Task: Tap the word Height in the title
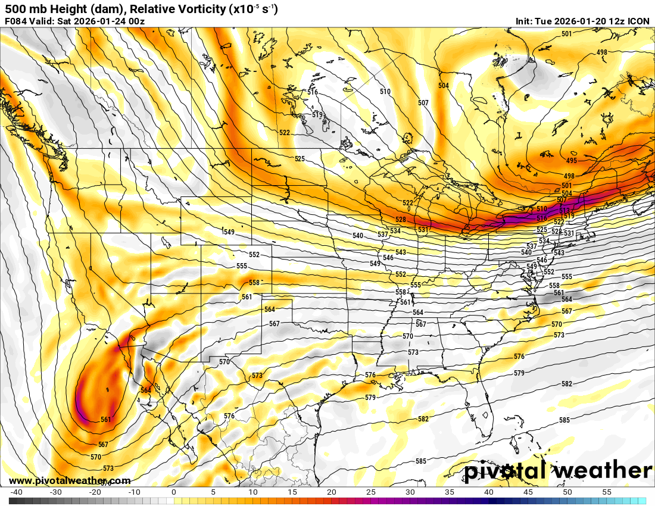57,9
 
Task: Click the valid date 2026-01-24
95,21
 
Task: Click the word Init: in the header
525,21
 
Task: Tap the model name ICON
638,21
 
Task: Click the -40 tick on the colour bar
16,492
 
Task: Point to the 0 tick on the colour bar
173,492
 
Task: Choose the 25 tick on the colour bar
370,492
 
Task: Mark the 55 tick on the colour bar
606,492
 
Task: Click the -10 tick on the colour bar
134,492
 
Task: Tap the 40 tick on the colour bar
488,492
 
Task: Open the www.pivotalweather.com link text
70,480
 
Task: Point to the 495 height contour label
571,161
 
